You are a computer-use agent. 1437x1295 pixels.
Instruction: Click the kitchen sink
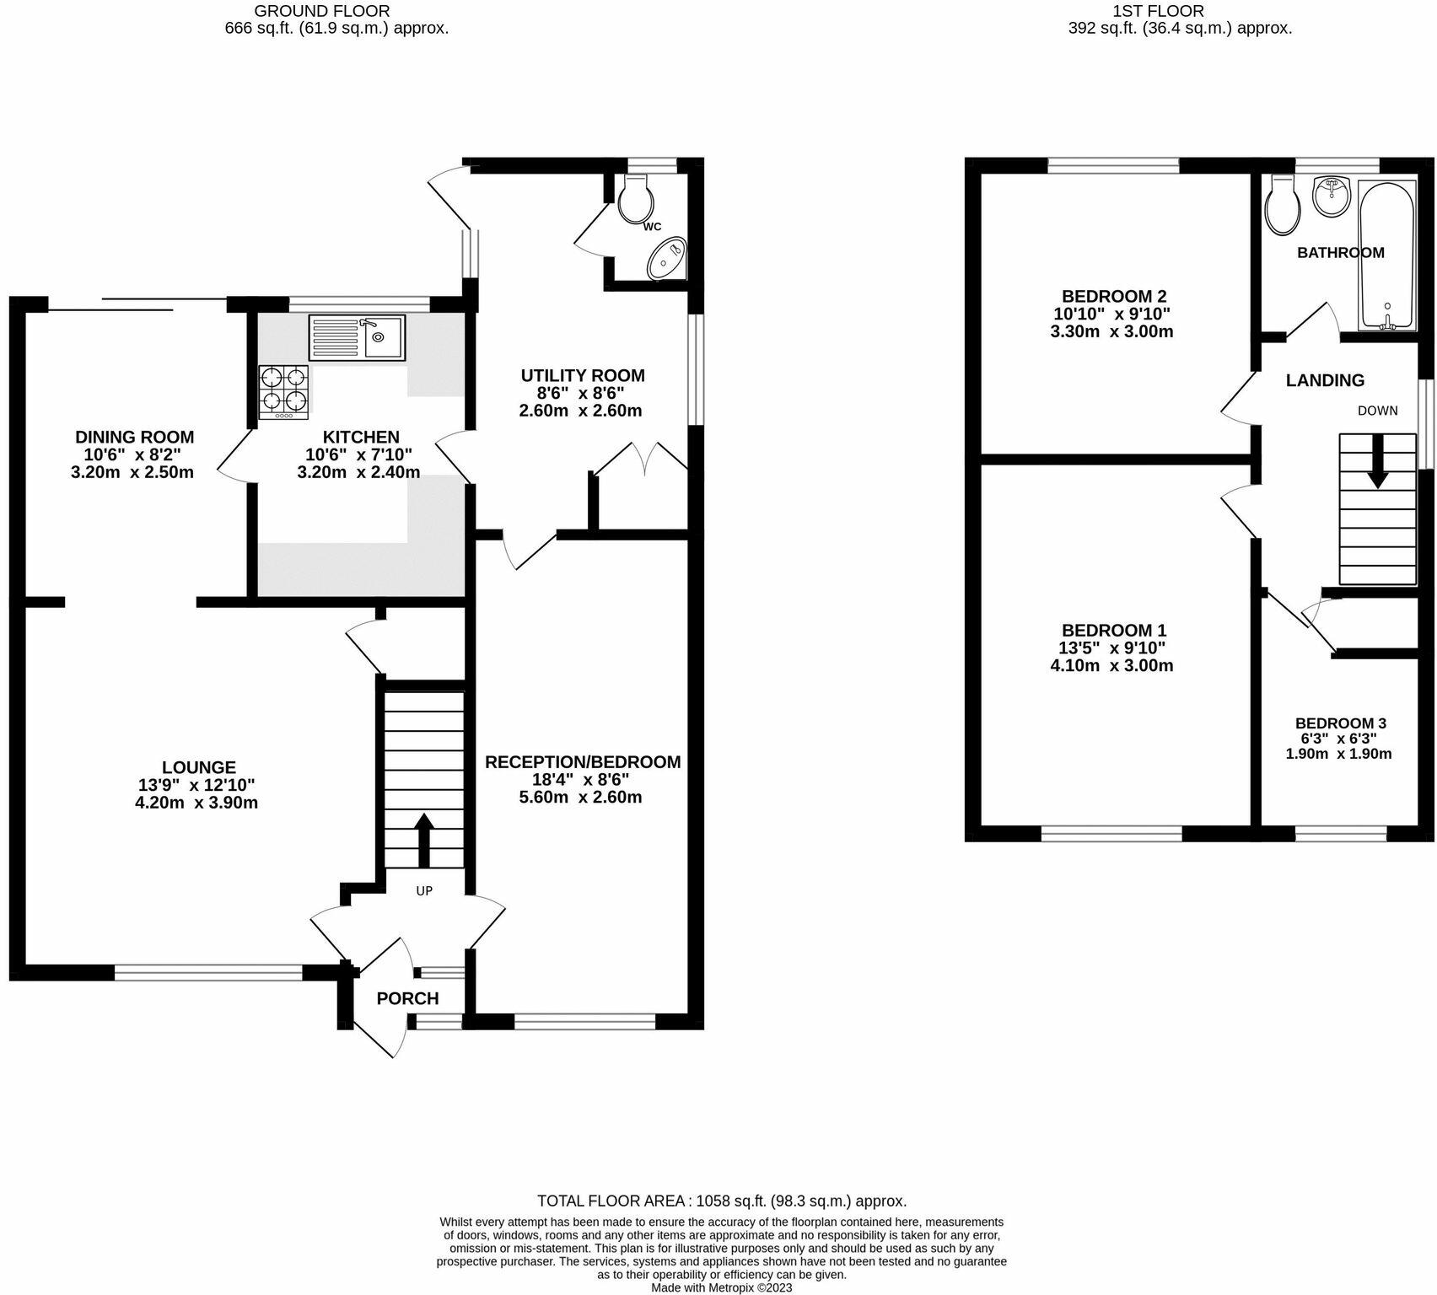coord(357,337)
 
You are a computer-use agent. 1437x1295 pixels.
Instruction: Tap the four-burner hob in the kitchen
coord(283,392)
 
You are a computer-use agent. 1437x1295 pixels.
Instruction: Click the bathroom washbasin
coord(1332,197)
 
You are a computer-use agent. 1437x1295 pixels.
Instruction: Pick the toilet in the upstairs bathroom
coord(1284,205)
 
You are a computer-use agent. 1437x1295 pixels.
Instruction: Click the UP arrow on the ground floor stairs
coord(423,840)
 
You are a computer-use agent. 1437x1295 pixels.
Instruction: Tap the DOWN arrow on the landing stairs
coord(1378,461)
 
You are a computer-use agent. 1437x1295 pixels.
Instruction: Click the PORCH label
coord(407,999)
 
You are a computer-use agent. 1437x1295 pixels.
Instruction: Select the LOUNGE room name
coord(199,767)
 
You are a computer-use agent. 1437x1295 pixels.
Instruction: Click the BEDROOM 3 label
coord(1340,723)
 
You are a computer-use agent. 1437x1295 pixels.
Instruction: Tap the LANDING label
coord(1325,380)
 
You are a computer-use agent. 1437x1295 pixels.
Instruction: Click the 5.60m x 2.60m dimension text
coord(580,797)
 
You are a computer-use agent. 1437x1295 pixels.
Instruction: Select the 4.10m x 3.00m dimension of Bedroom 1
coord(1111,665)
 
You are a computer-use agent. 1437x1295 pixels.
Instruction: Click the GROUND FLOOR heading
coord(321,11)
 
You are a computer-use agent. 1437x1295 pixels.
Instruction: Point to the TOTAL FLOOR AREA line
coord(722,1201)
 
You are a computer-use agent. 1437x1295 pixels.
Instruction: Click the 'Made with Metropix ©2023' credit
coord(721,1287)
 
